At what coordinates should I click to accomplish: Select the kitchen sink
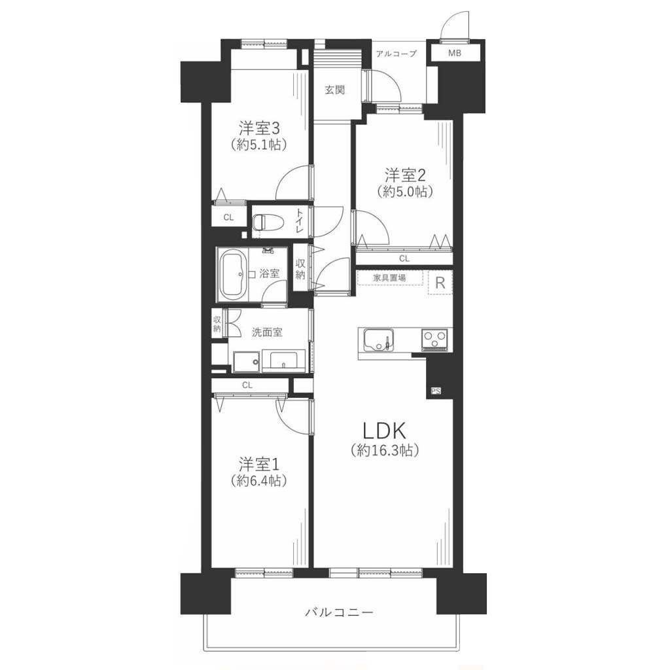tap(379, 340)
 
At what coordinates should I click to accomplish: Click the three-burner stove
tap(434, 340)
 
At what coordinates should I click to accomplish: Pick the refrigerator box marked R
tap(440, 283)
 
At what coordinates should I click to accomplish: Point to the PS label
tap(435, 390)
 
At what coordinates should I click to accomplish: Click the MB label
tap(455, 54)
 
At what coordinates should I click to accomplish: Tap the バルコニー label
tap(339, 612)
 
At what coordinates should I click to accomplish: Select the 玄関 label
tap(334, 90)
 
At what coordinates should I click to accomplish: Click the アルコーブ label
tap(396, 54)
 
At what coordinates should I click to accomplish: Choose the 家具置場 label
tap(390, 277)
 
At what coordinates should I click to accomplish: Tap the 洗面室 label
tap(267, 332)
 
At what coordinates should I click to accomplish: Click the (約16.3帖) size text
tap(383, 450)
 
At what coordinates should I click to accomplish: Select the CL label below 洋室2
tap(404, 258)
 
